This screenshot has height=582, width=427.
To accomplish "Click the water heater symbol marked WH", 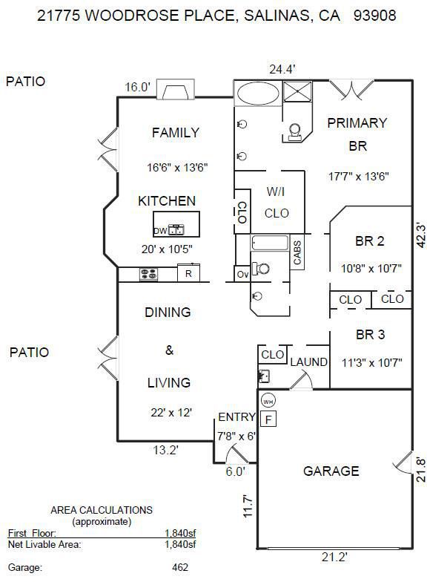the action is [x=268, y=401].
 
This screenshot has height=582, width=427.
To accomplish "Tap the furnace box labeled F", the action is [x=268, y=419].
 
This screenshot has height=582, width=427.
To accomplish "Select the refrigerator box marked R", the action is [x=188, y=273].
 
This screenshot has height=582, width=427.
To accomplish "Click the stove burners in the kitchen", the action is [x=148, y=275].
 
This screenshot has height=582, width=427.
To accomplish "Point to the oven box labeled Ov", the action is [x=242, y=275].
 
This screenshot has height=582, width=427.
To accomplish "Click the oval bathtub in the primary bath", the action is [x=258, y=94].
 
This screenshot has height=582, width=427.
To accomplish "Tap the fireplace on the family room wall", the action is [x=176, y=89].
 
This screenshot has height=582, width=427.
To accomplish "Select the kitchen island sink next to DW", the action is [x=176, y=230].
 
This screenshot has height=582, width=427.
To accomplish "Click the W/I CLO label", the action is [x=277, y=203].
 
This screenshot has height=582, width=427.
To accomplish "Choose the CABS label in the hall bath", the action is [x=297, y=252].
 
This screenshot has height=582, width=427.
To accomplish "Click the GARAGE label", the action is [x=331, y=471].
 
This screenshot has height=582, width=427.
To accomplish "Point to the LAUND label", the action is [x=308, y=362].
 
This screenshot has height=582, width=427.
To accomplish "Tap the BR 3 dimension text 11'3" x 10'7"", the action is [x=372, y=362].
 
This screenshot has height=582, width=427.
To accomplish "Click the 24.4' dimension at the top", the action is [x=282, y=69].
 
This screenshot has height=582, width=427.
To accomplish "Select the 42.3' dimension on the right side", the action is [x=420, y=235].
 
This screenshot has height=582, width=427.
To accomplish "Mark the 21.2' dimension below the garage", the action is [x=334, y=557].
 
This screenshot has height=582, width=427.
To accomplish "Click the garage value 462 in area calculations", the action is [x=180, y=567].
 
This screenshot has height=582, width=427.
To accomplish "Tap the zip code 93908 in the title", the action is [x=375, y=16].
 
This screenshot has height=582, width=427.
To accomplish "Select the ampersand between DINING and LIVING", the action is [x=169, y=350].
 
